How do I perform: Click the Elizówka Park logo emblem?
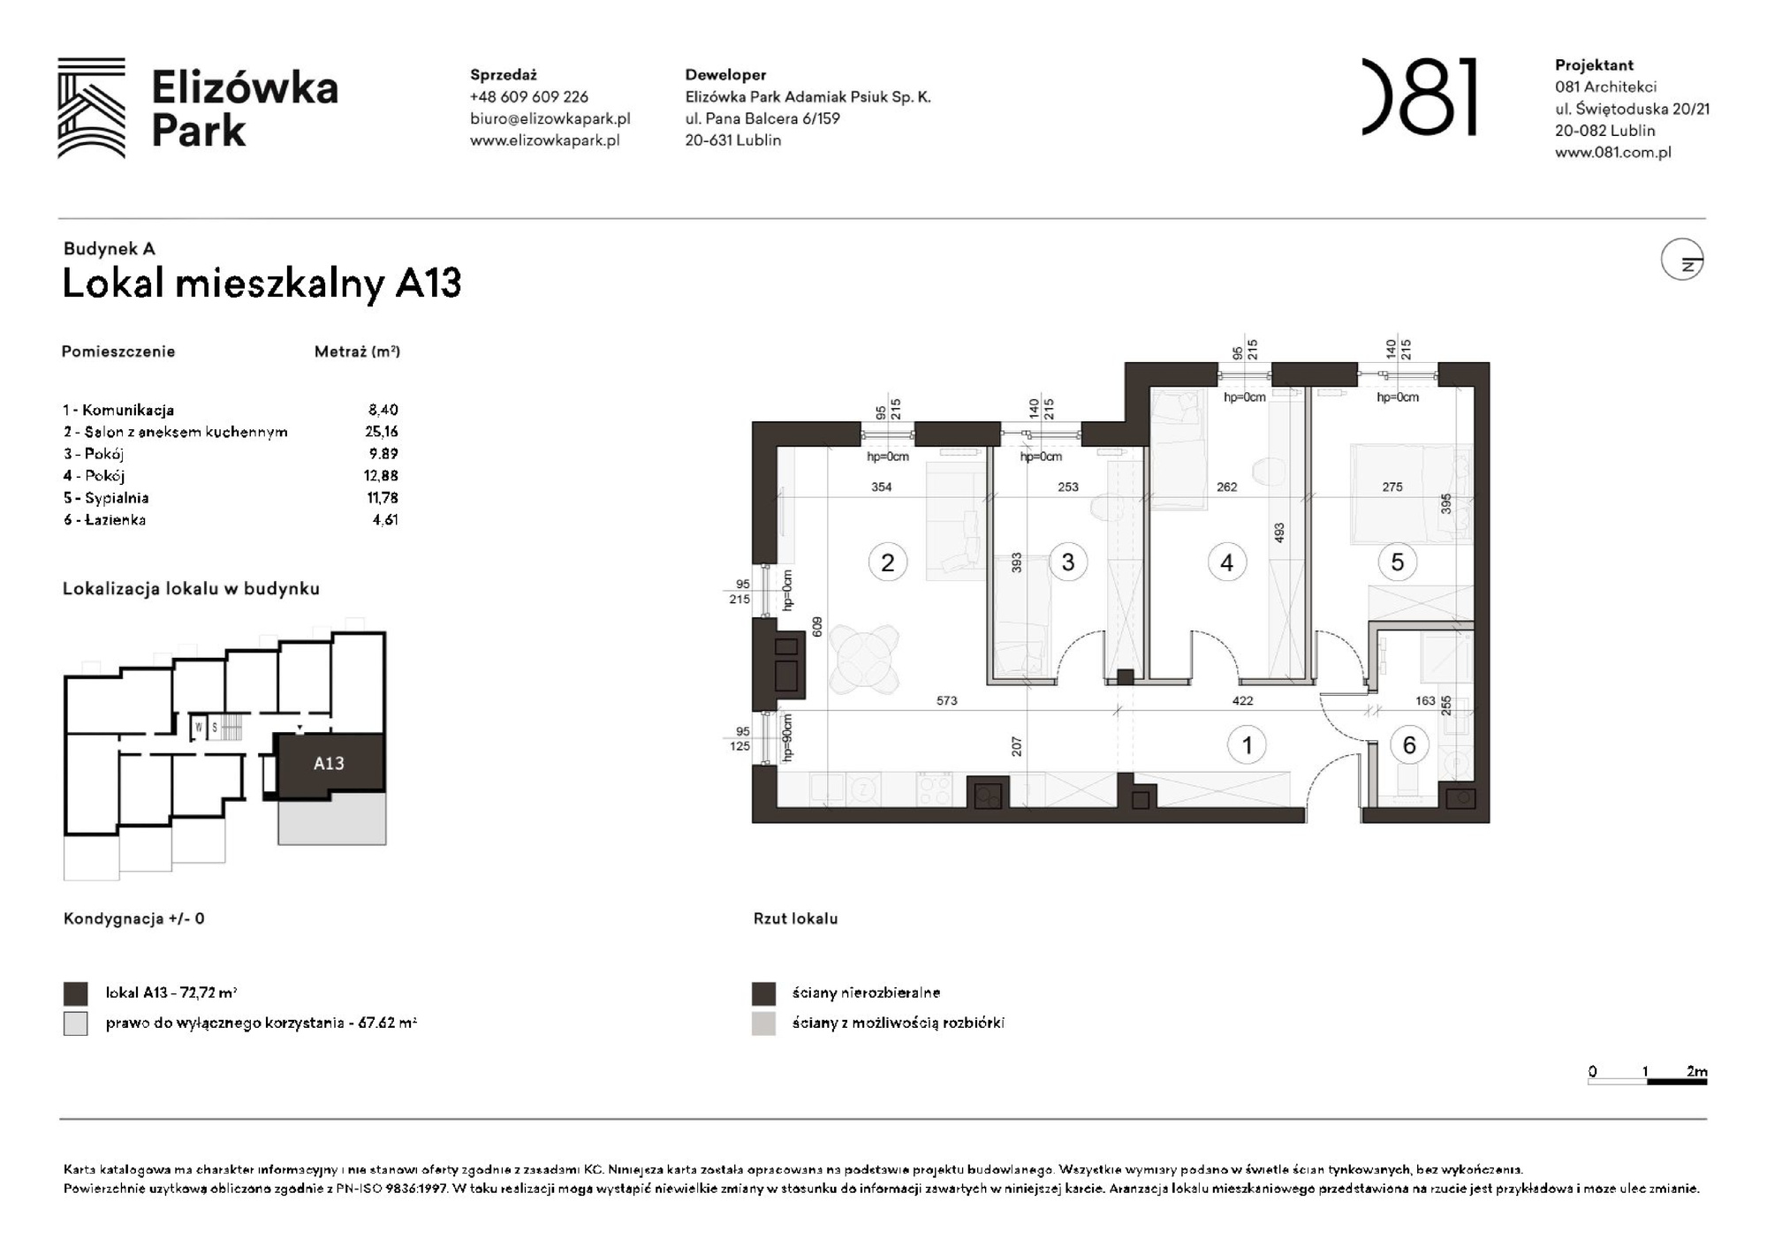pyautogui.click(x=91, y=108)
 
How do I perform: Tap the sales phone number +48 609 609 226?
pyautogui.click(x=528, y=97)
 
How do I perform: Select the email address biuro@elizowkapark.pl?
pyautogui.click(x=550, y=118)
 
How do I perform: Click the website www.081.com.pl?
pyautogui.click(x=1612, y=152)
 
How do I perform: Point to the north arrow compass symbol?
pyautogui.click(x=1682, y=260)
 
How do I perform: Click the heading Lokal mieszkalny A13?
pyautogui.click(x=262, y=283)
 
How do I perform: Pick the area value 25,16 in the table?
pyautogui.click(x=382, y=432)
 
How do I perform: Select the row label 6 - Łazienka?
pyautogui.click(x=104, y=520)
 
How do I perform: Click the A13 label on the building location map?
pyautogui.click(x=329, y=763)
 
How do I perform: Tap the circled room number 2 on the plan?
pyautogui.click(x=887, y=563)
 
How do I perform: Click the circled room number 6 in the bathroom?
pyautogui.click(x=1409, y=745)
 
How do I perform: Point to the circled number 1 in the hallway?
pyautogui.click(x=1247, y=745)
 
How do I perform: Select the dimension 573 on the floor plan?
pyautogui.click(x=946, y=701)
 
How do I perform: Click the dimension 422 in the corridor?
pyautogui.click(x=1242, y=701)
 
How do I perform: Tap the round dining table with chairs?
pyautogui.click(x=864, y=658)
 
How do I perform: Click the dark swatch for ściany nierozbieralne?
pyautogui.click(x=763, y=993)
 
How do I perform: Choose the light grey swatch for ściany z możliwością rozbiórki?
pyautogui.click(x=763, y=1023)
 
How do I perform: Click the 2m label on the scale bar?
pyautogui.click(x=1696, y=1071)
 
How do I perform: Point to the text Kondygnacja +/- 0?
pyautogui.click(x=133, y=918)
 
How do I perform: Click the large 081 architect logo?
pyautogui.click(x=1419, y=97)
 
